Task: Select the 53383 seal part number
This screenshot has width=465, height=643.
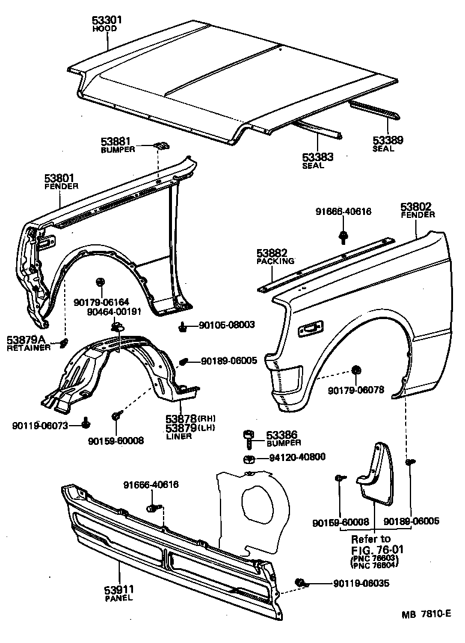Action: [317, 157]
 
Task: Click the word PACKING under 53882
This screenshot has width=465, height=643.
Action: [276, 261]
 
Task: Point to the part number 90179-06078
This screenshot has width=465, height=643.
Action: [357, 390]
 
